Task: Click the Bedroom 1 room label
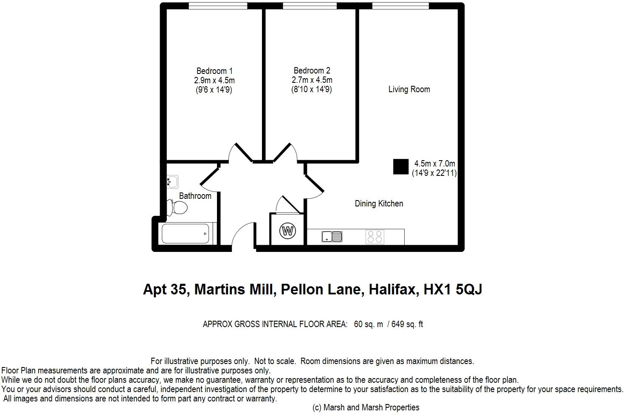[x=214, y=71]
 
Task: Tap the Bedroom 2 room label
[x=312, y=71]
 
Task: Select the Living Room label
[x=409, y=89]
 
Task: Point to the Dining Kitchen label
[x=379, y=203]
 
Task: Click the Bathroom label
[x=195, y=196]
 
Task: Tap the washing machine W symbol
[x=287, y=232]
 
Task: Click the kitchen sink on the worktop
[x=332, y=236]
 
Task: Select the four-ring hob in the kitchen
[x=375, y=237]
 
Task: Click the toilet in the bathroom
[x=177, y=208]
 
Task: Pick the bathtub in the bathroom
[x=186, y=234]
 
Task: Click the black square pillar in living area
[x=400, y=167]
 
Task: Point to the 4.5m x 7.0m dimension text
[x=434, y=164]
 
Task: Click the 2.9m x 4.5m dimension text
[x=214, y=80]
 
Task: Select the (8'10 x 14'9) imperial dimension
[x=312, y=90]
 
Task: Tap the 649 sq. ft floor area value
[x=407, y=324]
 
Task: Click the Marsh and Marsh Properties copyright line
[x=366, y=407]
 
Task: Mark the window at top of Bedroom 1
[x=218, y=6]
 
